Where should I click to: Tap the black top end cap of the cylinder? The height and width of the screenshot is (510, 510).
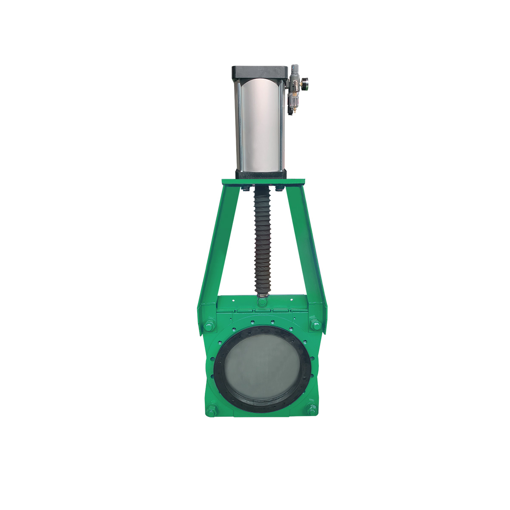coord(260,72)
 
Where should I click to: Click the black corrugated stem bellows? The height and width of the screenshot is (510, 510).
coord(262,242)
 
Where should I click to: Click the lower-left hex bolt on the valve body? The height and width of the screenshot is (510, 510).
coord(212,411)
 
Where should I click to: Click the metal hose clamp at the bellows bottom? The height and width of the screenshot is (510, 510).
coord(262,294)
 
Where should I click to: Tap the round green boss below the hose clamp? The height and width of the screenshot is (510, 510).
coord(262,302)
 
